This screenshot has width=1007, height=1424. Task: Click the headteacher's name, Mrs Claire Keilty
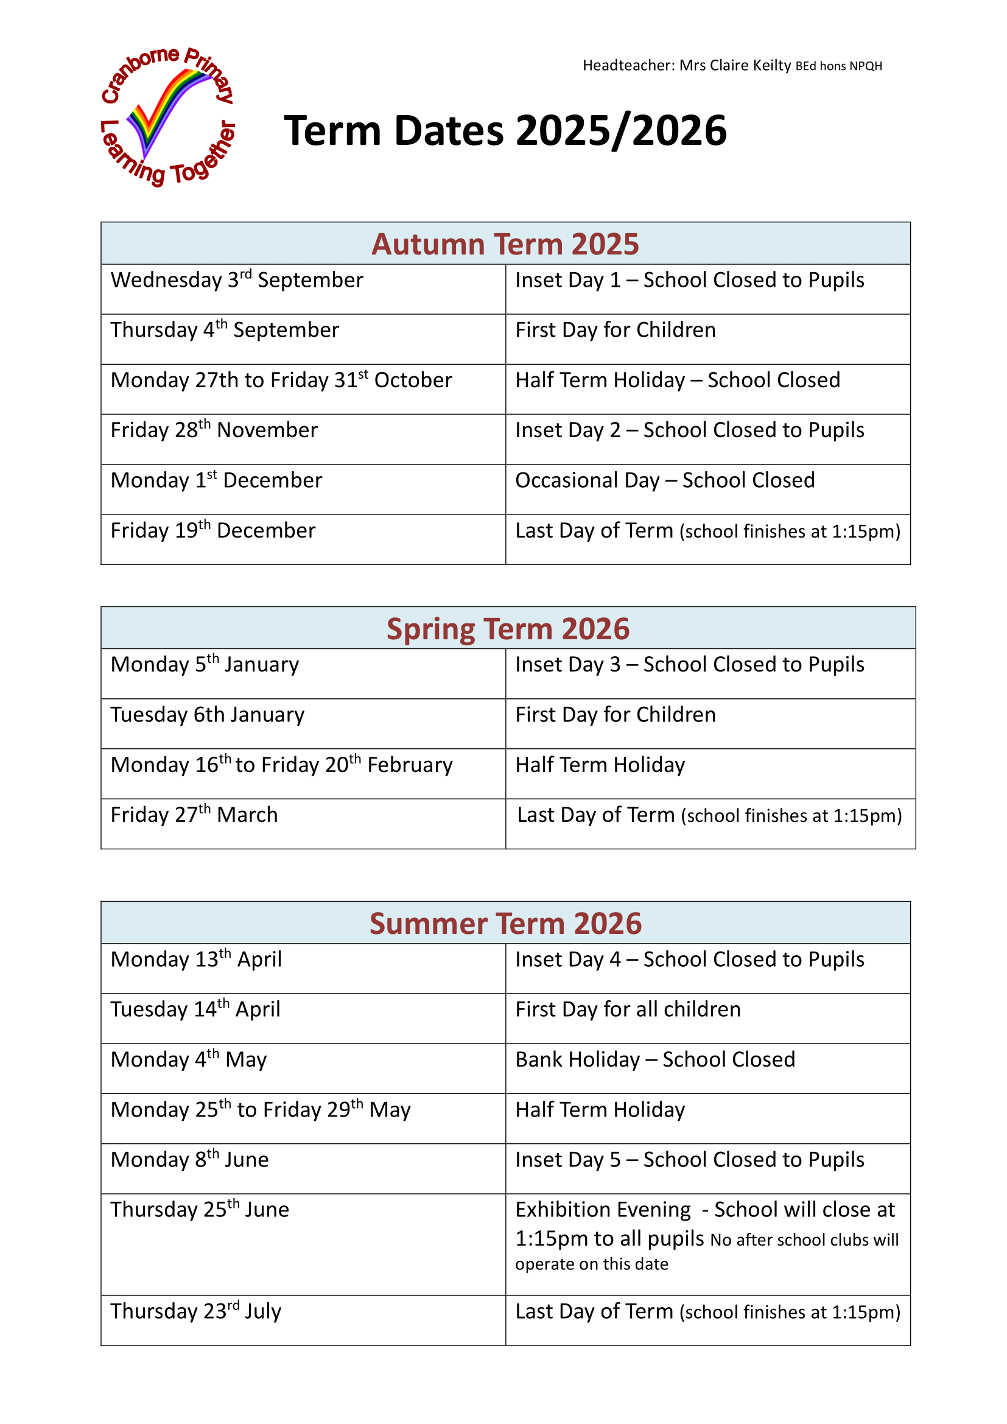(x=735, y=65)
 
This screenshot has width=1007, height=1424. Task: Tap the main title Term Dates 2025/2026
(x=505, y=131)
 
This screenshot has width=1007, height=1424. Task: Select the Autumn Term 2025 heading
(x=505, y=244)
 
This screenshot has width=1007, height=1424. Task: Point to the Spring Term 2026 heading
(x=508, y=628)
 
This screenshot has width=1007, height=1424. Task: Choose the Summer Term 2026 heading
(x=505, y=923)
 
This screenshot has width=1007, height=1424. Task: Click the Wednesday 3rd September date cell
(x=237, y=280)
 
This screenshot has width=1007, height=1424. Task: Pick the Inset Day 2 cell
(x=690, y=430)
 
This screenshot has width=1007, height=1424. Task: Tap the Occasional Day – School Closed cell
(x=665, y=481)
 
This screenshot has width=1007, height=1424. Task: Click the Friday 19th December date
(x=212, y=531)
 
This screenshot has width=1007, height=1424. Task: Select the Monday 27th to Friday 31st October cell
(x=281, y=380)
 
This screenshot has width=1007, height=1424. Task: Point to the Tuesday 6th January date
(x=208, y=715)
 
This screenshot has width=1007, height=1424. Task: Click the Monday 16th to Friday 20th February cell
(x=281, y=765)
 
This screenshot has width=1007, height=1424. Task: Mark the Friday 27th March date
(x=194, y=815)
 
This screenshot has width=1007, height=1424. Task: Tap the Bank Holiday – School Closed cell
(x=655, y=1060)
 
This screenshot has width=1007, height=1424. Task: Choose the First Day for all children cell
(x=628, y=1009)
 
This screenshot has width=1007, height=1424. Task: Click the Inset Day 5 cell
(x=690, y=1160)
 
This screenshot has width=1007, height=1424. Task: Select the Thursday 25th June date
(x=200, y=1210)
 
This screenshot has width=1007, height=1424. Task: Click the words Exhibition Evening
(x=603, y=1210)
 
